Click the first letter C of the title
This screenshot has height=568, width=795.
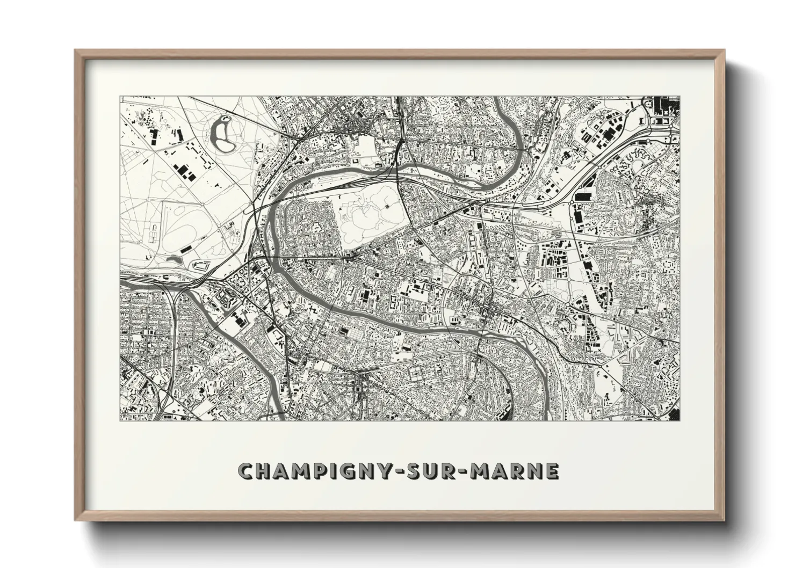click(x=246, y=471)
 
